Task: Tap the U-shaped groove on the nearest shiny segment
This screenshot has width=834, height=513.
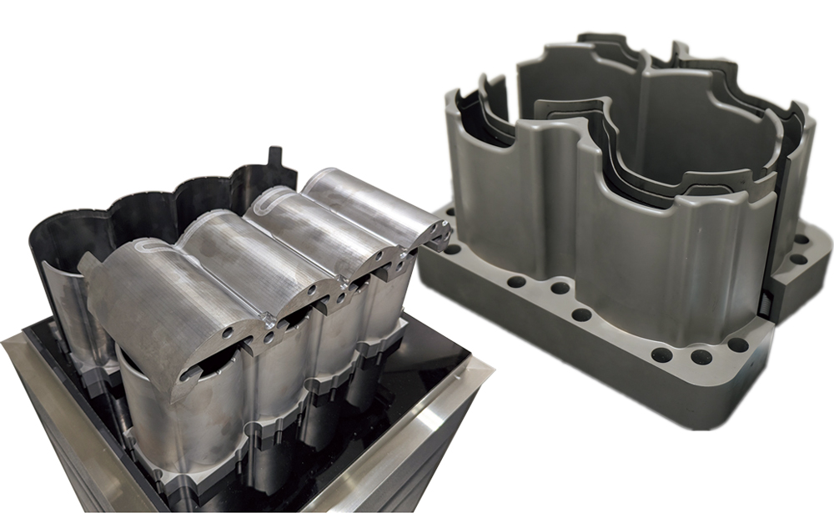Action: (x=150, y=248)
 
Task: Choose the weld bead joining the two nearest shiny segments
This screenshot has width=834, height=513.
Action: (x=269, y=318)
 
